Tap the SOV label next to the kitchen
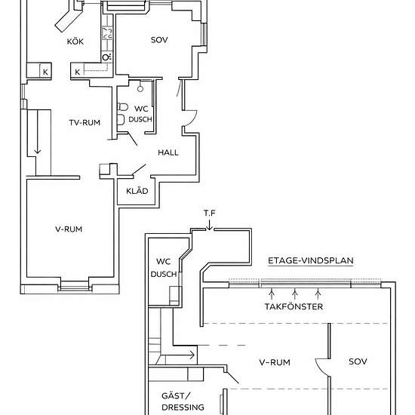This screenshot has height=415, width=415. [x=158, y=39]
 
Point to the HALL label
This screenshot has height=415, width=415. [x=168, y=152]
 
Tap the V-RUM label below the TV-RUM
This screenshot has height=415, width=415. [x=68, y=229]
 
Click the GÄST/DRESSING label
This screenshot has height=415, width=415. [x=183, y=401]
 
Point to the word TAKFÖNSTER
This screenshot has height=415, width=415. [x=294, y=307]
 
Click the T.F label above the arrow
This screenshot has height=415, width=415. [x=209, y=214]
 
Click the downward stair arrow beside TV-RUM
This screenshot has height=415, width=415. [x=37, y=153]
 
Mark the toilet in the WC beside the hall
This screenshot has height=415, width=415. [x=121, y=119]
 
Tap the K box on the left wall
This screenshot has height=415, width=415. [x=45, y=72]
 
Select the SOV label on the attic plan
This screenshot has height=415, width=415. [x=358, y=361]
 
